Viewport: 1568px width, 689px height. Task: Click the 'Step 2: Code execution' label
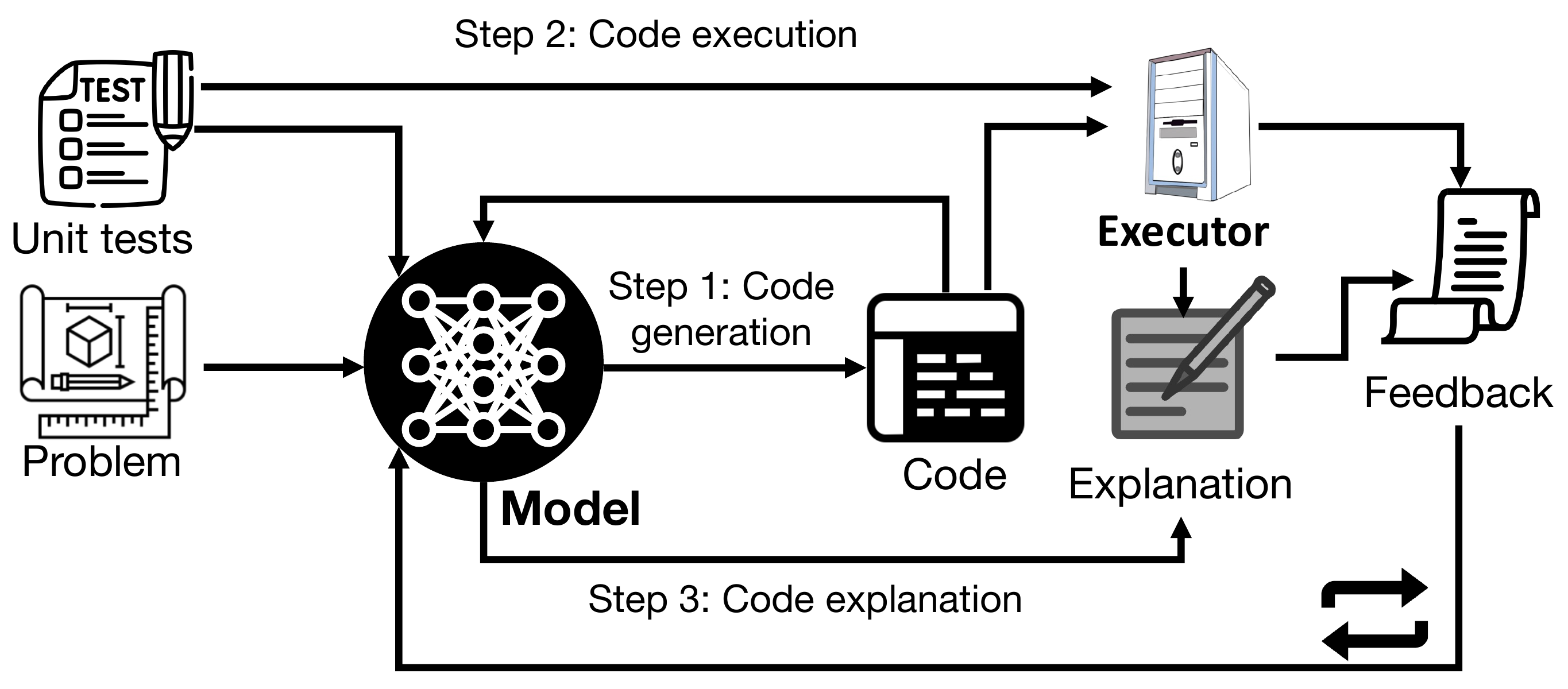pyautogui.click(x=655, y=34)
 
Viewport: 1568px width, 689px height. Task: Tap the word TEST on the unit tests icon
pyautogui.click(x=113, y=91)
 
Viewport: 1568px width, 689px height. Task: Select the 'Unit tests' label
pyautogui.click(x=102, y=239)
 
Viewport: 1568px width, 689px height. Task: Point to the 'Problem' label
pyautogui.click(x=102, y=462)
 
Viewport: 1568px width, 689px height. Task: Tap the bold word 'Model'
pyautogui.click(x=570, y=509)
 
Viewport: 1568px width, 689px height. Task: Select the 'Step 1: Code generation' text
pyautogui.click(x=721, y=309)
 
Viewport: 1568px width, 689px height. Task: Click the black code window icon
pyautogui.click(x=945, y=367)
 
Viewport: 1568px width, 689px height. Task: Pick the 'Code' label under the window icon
pyautogui.click(x=954, y=475)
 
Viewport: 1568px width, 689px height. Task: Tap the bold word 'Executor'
pyautogui.click(x=1183, y=233)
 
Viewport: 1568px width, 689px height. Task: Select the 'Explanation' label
pyautogui.click(x=1180, y=485)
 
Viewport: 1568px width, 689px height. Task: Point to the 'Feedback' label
pyautogui.click(x=1458, y=393)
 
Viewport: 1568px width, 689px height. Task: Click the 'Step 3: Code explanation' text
pyautogui.click(x=805, y=599)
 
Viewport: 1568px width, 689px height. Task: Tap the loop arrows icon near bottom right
pyautogui.click(x=1374, y=614)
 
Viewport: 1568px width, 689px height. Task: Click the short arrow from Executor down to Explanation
pyautogui.click(x=1183, y=291)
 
